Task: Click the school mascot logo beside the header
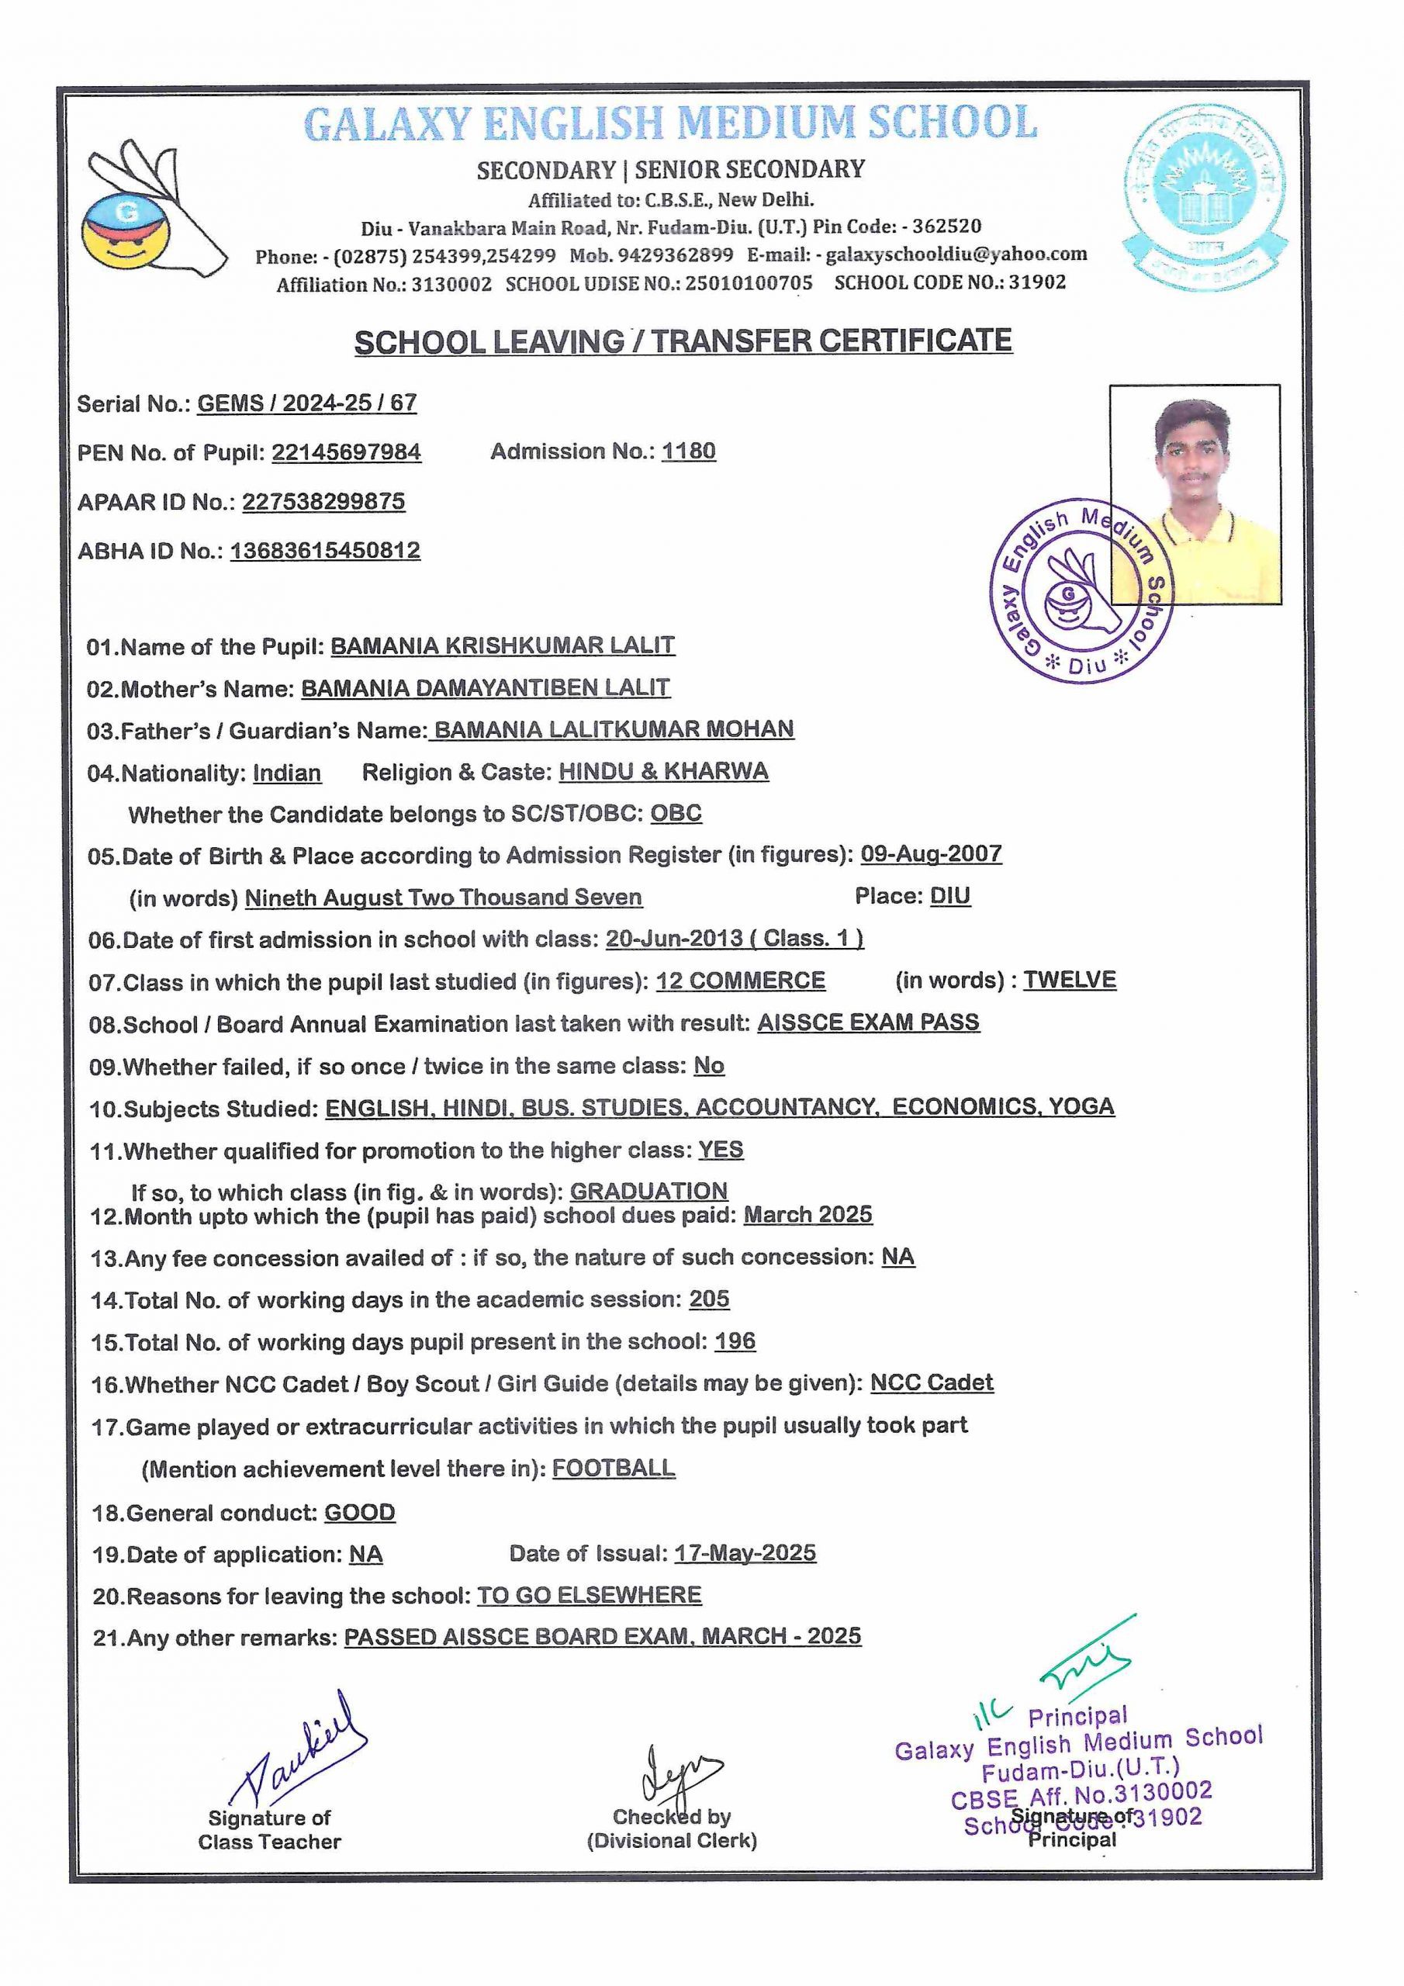click(x=151, y=211)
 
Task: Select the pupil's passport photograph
click(x=1195, y=494)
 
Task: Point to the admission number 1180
click(x=689, y=452)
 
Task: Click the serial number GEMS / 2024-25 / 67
click(x=307, y=403)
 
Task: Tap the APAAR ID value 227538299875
click(x=323, y=502)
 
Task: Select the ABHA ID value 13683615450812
click(x=325, y=551)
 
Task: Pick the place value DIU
click(x=950, y=896)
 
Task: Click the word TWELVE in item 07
click(x=1070, y=980)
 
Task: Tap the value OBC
click(x=676, y=813)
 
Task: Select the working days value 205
click(x=709, y=1299)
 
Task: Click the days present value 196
click(x=735, y=1341)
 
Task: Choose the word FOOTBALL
click(x=614, y=1468)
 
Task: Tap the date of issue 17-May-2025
click(x=745, y=1552)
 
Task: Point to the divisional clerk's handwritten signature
click(x=677, y=1774)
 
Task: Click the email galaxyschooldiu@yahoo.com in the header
click(x=956, y=254)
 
